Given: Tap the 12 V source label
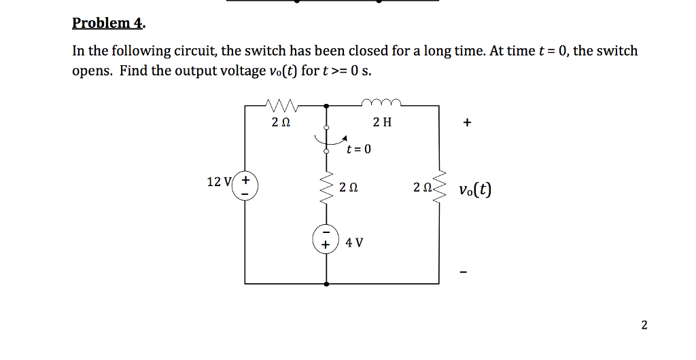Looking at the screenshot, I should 219,181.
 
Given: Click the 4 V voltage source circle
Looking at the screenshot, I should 326,238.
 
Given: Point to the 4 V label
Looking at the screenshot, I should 354,242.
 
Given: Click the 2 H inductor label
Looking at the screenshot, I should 383,123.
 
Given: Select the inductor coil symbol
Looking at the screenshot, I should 383,103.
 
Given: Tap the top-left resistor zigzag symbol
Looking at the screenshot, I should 280,105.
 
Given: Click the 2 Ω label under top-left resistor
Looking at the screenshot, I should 281,123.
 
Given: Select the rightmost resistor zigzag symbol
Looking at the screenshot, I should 438,187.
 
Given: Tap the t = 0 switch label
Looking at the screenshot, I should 359,149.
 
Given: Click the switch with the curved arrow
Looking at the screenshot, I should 327,139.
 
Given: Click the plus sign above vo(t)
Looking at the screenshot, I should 466,124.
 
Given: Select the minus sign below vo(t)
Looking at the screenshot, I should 464,274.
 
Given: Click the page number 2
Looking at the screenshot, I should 644,325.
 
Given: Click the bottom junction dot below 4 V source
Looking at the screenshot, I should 326,283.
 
